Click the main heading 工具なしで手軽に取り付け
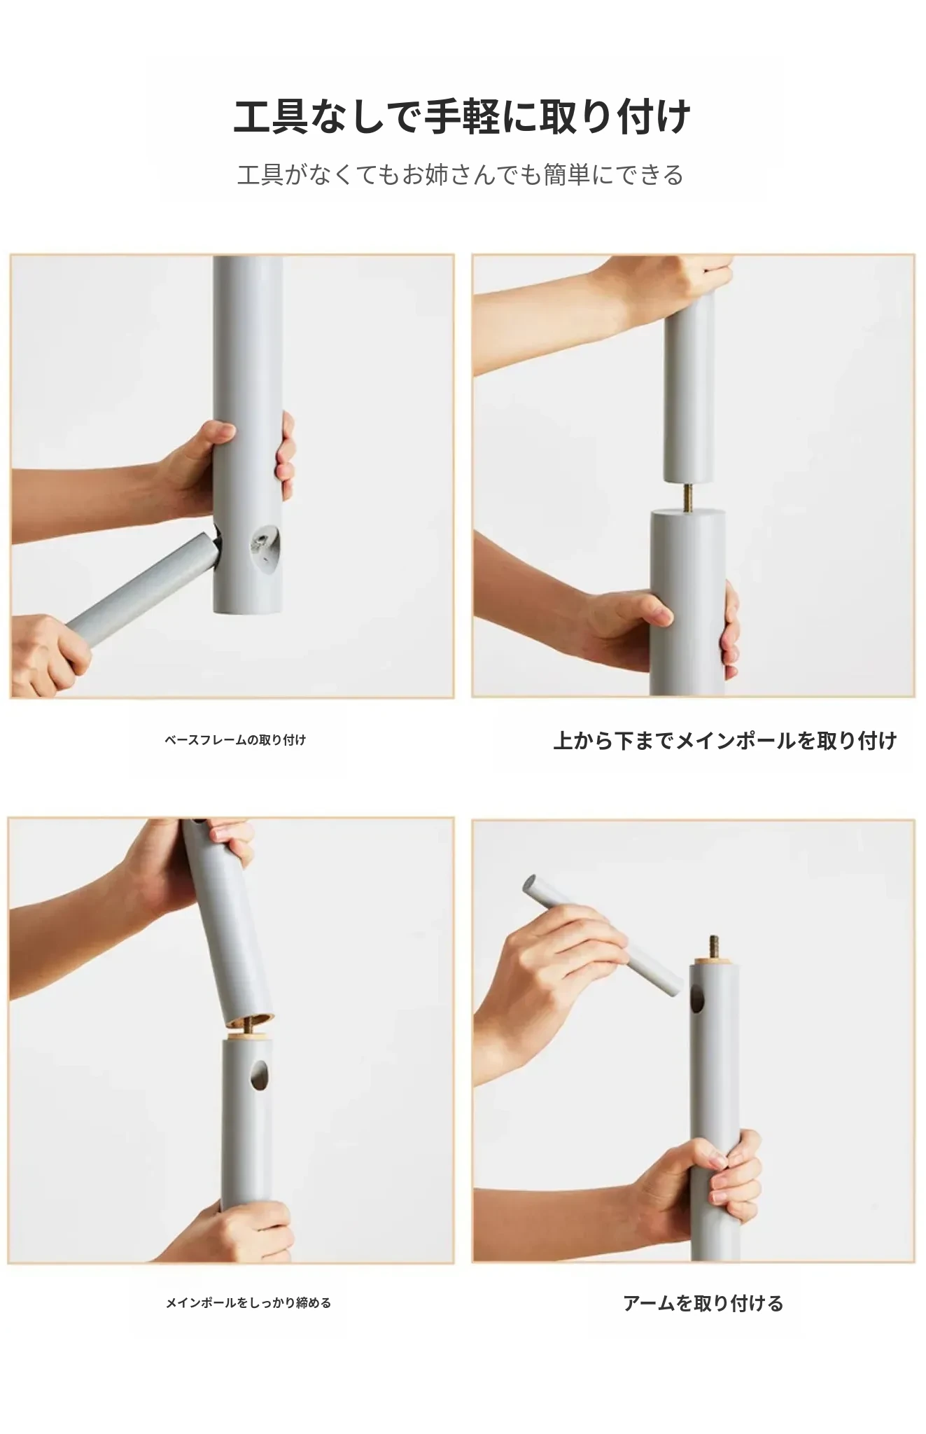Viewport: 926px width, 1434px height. coord(462,116)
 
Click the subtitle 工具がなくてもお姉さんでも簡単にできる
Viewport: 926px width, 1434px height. coord(461,175)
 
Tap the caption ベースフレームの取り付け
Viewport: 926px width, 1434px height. coord(235,740)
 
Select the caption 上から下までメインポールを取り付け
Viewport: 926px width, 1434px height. coord(725,740)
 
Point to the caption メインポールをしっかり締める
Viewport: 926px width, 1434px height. coord(248,1303)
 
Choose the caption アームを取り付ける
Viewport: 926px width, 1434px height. coord(703,1303)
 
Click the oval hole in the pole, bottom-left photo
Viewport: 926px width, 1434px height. coord(260,1075)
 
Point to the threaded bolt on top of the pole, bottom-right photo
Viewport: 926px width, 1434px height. coord(715,949)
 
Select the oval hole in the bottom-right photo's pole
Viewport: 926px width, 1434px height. coord(698,997)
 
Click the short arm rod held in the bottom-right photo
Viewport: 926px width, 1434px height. coord(603,935)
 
